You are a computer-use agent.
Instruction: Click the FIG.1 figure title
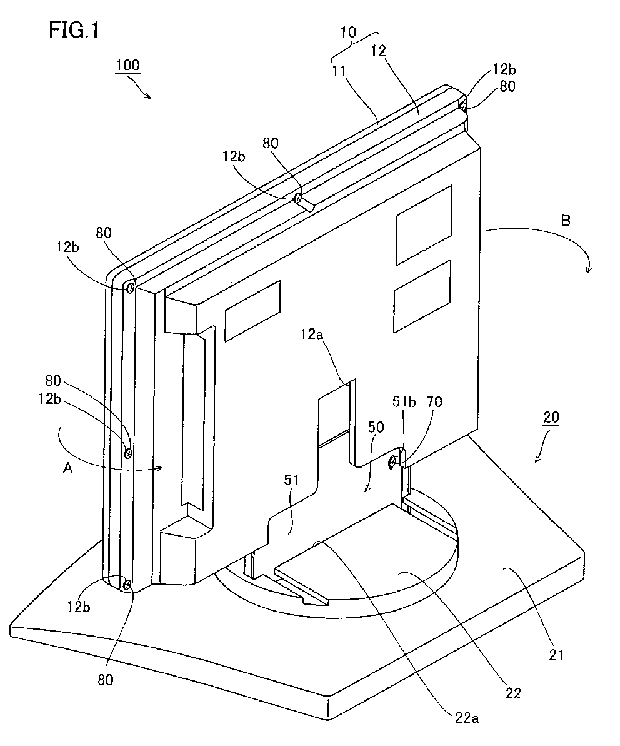click(74, 30)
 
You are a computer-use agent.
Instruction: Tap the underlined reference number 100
click(127, 64)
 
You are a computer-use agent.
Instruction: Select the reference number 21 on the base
click(556, 655)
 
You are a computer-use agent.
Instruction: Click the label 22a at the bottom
click(466, 718)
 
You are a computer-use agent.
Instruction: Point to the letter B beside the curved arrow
click(566, 221)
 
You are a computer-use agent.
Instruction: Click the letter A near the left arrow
click(68, 468)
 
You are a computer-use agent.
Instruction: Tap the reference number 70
click(434, 402)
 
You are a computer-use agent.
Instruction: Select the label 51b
click(404, 402)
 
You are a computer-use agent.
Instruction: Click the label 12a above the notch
click(311, 335)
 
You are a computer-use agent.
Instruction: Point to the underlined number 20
click(551, 417)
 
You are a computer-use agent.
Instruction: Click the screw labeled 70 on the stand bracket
click(392, 462)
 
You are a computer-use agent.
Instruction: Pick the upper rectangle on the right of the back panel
click(424, 225)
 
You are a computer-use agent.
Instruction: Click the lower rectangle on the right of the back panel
click(422, 296)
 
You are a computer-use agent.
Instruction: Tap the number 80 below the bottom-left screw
click(106, 679)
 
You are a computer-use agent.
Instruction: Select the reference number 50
click(376, 426)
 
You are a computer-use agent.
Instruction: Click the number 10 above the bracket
click(348, 33)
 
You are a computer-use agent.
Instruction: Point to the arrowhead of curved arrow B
click(589, 270)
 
